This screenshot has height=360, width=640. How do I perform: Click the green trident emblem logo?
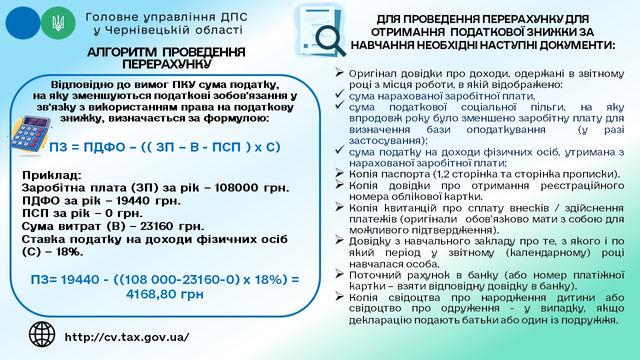click(58, 23)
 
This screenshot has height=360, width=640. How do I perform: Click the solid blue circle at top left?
click(22, 23)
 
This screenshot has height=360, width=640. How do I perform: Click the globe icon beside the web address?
click(42, 334)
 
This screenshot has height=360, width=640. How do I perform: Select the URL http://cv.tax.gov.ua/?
click(127, 337)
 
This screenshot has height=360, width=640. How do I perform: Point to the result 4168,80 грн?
click(165, 294)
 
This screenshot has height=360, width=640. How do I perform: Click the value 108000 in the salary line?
click(236, 188)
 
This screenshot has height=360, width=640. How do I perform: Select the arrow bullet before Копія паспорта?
click(340, 173)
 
